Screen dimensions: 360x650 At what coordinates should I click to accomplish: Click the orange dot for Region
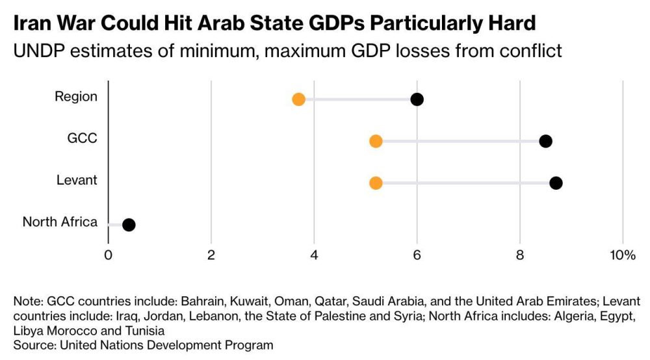point(298,99)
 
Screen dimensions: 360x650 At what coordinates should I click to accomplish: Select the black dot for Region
point(417,99)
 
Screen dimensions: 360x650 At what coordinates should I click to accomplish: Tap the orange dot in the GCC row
point(376,141)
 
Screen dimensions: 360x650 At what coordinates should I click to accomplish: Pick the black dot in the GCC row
point(545,141)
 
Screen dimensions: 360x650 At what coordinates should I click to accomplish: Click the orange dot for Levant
point(376,183)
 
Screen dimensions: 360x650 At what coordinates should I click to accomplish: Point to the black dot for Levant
point(556,183)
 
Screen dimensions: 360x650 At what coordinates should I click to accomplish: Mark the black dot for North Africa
point(129,225)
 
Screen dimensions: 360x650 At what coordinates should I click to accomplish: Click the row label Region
point(76,97)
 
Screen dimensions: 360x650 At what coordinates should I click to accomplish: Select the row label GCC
point(83,138)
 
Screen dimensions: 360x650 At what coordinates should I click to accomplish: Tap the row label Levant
point(77,180)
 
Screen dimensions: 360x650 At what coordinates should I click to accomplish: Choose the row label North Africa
point(60,222)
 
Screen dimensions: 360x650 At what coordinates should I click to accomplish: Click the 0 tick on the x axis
point(108,255)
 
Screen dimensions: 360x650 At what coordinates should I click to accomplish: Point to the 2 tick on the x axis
point(211,255)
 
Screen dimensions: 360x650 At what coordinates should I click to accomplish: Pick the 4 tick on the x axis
point(314,255)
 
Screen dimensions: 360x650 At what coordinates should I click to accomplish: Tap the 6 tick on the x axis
point(417,255)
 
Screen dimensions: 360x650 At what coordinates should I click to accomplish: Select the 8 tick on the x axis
point(520,255)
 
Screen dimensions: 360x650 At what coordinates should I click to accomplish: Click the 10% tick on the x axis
point(622,255)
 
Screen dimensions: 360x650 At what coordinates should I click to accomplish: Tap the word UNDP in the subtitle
point(37,51)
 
